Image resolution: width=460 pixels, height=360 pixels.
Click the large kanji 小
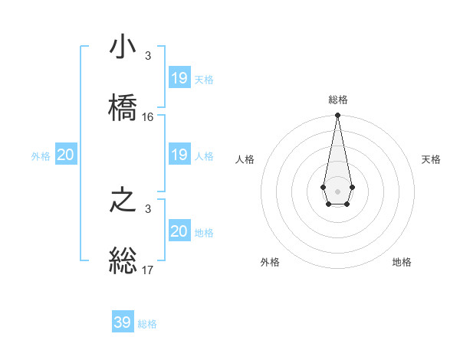[x=123, y=47]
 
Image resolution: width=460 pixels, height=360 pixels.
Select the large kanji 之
[x=123, y=201]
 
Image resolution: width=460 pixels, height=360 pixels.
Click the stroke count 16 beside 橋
[x=148, y=117]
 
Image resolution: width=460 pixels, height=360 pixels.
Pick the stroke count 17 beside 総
[x=148, y=270]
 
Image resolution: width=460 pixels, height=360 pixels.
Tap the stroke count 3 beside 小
[x=148, y=56]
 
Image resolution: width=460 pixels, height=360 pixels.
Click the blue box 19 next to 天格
[x=179, y=78]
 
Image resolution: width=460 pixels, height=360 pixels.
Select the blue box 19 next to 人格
[x=179, y=155]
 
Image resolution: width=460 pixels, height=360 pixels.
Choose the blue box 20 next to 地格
[x=179, y=231]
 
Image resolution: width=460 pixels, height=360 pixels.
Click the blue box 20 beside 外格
[x=66, y=155]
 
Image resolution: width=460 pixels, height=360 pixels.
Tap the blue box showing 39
[x=123, y=322]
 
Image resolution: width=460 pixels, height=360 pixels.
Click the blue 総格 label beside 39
[x=147, y=324]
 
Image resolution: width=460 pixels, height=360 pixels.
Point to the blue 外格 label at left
[x=41, y=156]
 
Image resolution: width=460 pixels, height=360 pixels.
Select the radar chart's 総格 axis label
[x=338, y=100]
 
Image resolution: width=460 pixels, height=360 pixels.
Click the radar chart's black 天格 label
[x=431, y=159]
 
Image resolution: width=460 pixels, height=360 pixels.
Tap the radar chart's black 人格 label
[x=245, y=159]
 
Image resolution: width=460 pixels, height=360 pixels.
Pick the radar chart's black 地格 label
[x=402, y=263]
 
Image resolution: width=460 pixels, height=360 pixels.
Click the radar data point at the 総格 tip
[x=337, y=116]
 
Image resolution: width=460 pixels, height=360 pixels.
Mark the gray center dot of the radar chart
[x=337, y=191]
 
